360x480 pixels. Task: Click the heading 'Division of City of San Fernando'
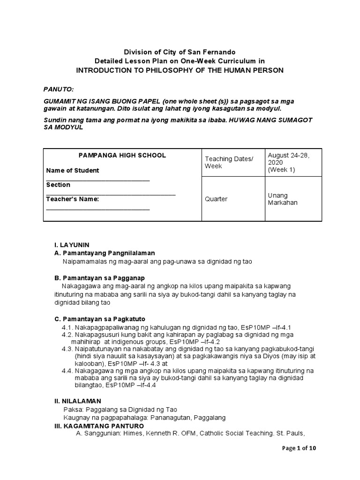click(x=180, y=52)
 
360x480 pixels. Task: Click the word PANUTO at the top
click(x=59, y=89)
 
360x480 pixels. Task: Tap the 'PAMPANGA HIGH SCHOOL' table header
click(x=122, y=156)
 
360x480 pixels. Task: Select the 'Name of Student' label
click(x=73, y=171)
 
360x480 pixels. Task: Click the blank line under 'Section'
click(x=111, y=194)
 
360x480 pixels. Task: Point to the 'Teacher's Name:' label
click(x=73, y=199)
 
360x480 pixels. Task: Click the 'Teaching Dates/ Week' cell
click(x=229, y=163)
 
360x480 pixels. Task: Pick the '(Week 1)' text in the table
click(x=281, y=170)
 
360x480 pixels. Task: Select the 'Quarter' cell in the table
click(x=216, y=199)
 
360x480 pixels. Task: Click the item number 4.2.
click(x=68, y=336)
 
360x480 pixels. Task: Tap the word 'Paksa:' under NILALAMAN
click(x=73, y=409)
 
